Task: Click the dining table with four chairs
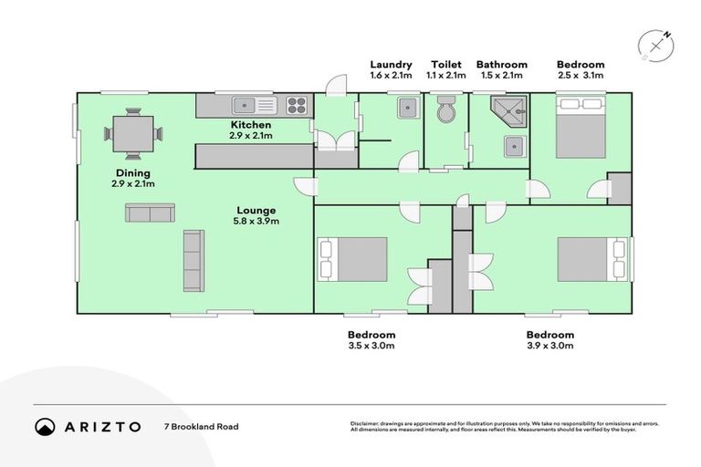pos(133,134)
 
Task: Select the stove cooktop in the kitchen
pos(298,105)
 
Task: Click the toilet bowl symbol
pos(446,110)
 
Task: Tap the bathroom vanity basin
pos(515,146)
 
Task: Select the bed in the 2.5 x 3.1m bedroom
pos(581,131)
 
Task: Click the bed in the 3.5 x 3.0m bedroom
pos(352,260)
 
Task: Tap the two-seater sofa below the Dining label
pos(150,213)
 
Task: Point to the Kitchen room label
pos(250,124)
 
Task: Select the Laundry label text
pos(391,65)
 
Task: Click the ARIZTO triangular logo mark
pos(45,426)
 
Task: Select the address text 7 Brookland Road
pos(201,426)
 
